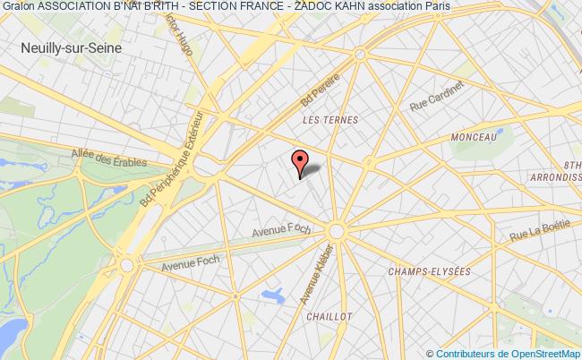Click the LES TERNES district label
(x=330, y=119)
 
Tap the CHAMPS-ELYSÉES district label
(x=424, y=270)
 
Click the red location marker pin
(x=299, y=162)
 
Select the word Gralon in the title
(x=17, y=8)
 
